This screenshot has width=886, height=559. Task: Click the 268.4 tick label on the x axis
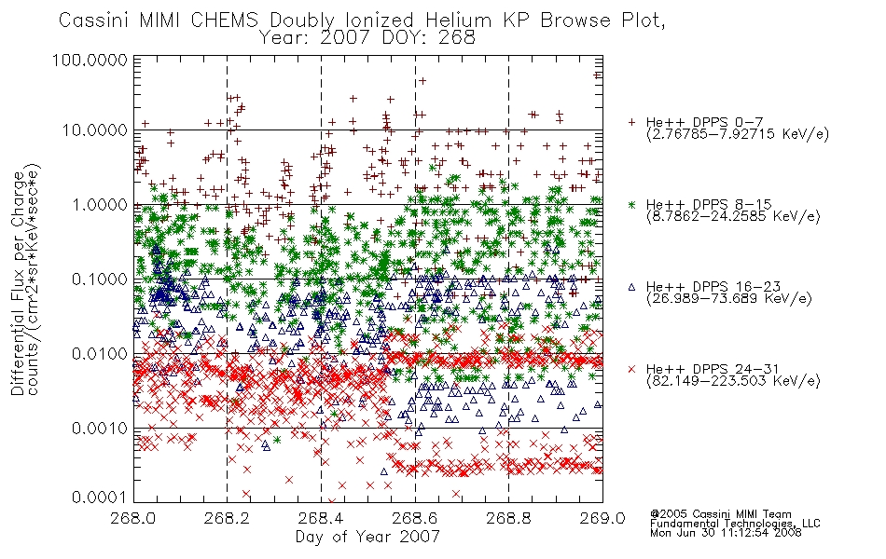click(321, 518)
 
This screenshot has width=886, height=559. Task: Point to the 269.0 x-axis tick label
click(602, 518)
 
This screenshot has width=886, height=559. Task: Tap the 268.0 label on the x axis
click(133, 518)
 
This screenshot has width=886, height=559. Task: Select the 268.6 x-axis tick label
click(415, 518)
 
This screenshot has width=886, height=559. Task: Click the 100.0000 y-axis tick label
click(90, 60)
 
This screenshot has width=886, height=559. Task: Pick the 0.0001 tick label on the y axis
click(100, 498)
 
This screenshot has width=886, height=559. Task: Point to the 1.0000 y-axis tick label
click(100, 204)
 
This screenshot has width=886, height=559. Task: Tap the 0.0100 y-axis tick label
click(100, 354)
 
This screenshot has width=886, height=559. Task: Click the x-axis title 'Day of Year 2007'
click(367, 537)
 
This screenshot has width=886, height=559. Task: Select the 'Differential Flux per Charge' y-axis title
click(18, 283)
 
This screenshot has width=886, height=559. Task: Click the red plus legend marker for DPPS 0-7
click(632, 122)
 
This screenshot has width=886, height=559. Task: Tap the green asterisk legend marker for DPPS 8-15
click(632, 204)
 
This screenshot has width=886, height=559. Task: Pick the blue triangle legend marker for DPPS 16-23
click(632, 287)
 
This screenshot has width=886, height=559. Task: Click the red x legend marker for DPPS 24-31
click(632, 369)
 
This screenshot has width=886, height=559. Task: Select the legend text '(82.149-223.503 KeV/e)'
click(733, 381)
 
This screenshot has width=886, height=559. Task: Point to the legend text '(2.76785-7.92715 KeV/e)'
click(738, 134)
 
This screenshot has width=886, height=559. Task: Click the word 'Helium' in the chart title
click(458, 20)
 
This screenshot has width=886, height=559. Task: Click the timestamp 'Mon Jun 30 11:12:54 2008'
click(726, 533)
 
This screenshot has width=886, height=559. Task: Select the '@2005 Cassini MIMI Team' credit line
click(720, 514)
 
